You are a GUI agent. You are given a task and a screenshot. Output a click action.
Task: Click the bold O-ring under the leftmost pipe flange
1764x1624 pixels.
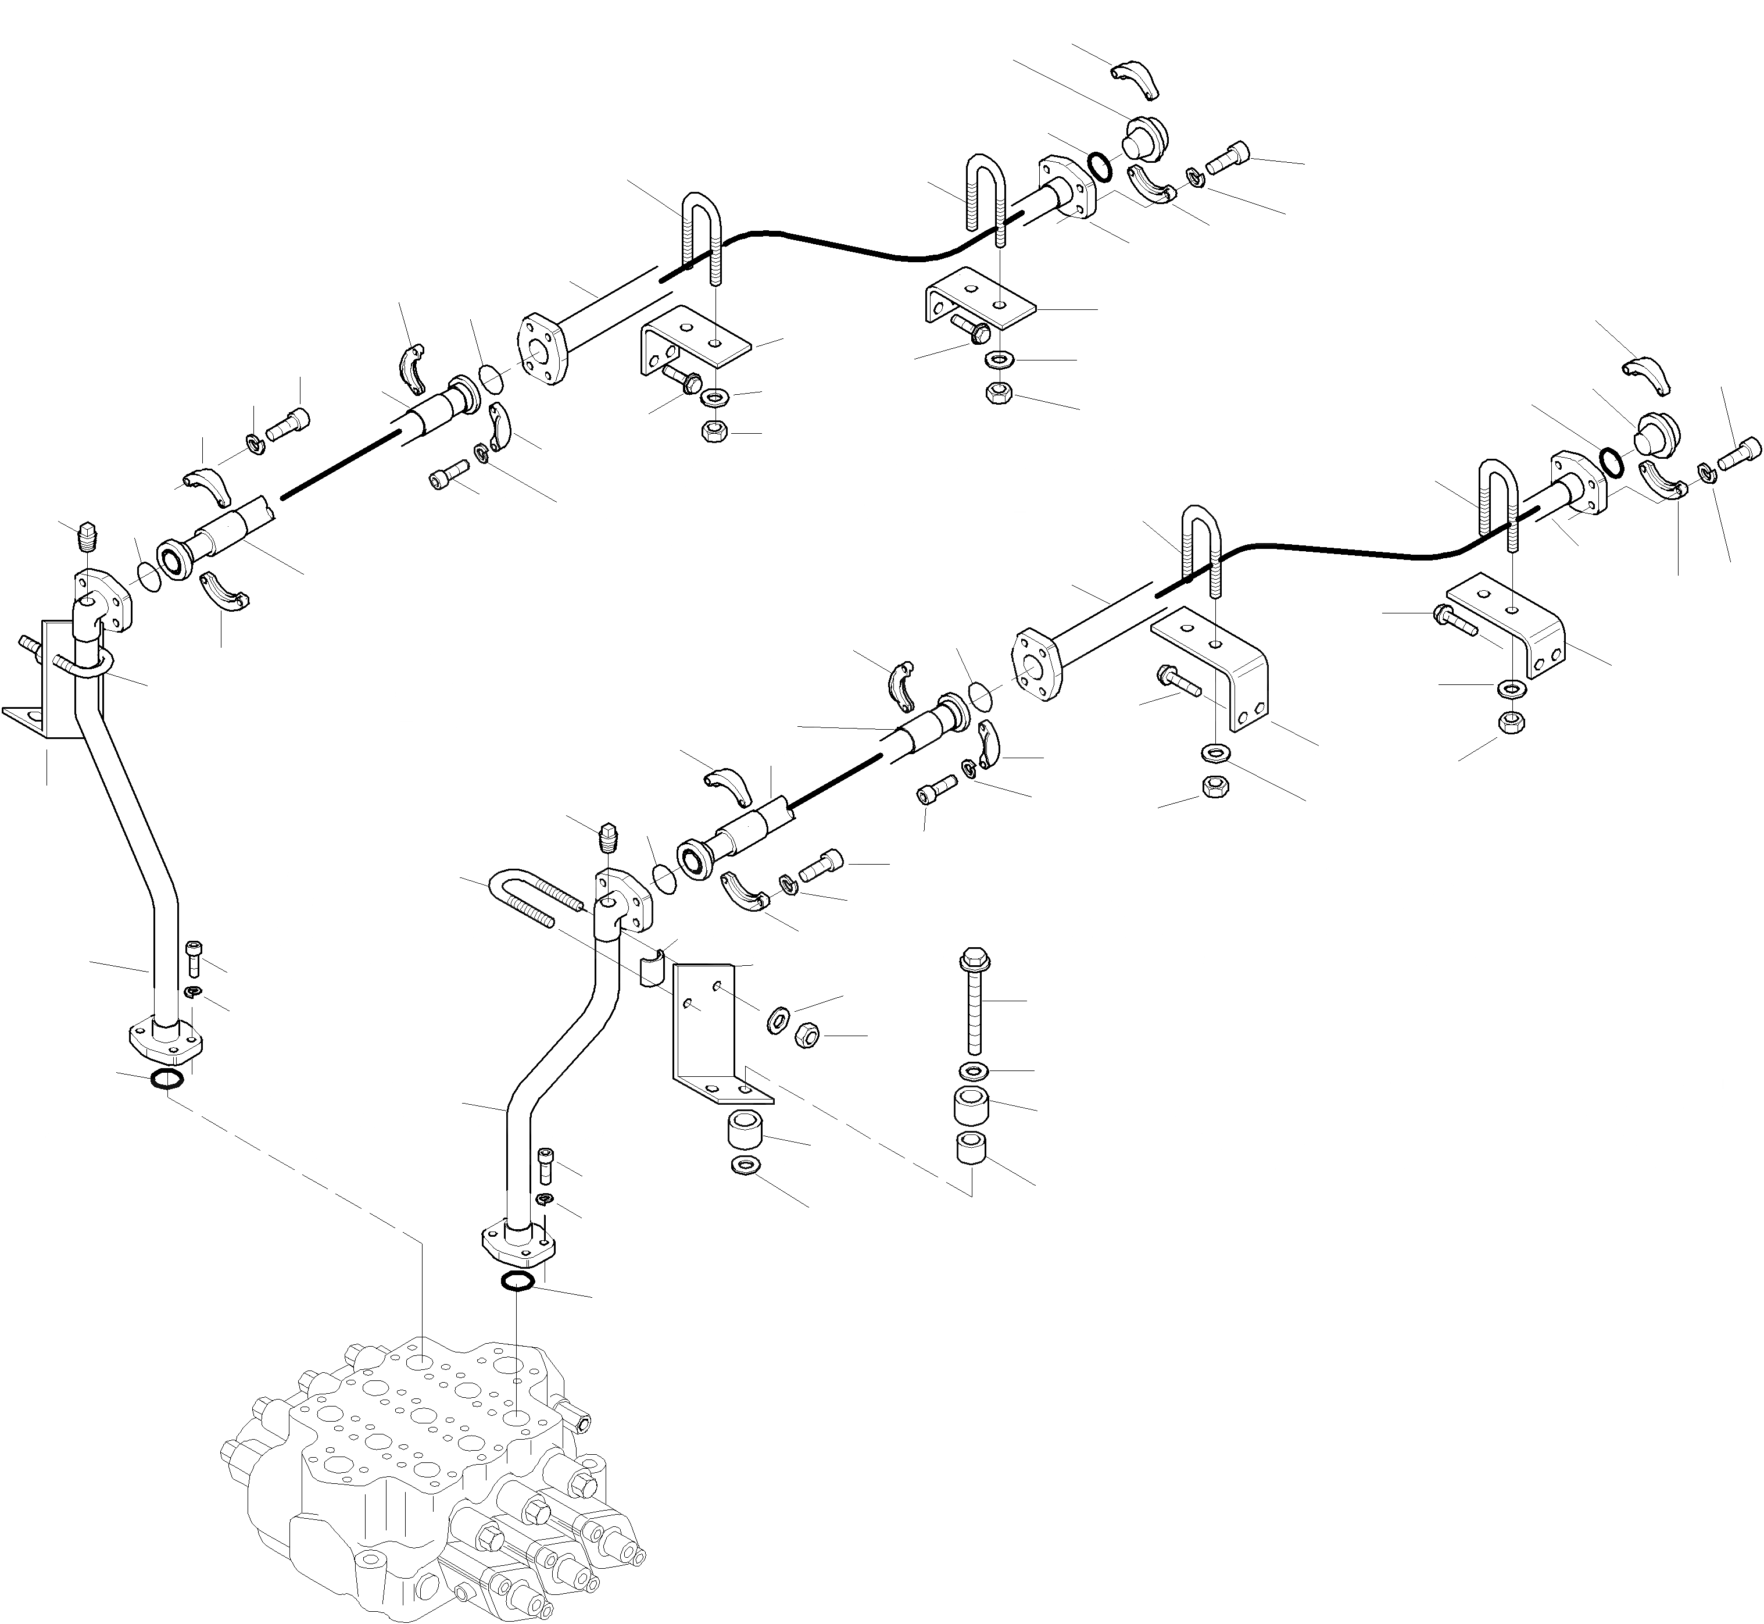coord(167,1079)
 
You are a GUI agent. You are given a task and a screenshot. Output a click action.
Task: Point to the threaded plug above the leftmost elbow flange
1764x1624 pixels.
coord(85,535)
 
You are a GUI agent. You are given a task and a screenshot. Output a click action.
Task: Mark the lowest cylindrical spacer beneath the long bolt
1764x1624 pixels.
coord(971,1148)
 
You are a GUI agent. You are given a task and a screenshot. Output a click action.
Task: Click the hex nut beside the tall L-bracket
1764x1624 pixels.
coord(807,1035)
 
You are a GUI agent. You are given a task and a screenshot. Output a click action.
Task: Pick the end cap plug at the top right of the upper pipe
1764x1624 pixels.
coord(1144,136)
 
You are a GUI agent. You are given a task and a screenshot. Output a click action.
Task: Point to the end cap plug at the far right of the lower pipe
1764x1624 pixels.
coord(1656,431)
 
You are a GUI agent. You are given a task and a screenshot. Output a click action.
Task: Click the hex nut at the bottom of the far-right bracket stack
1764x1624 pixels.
coord(1511,722)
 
